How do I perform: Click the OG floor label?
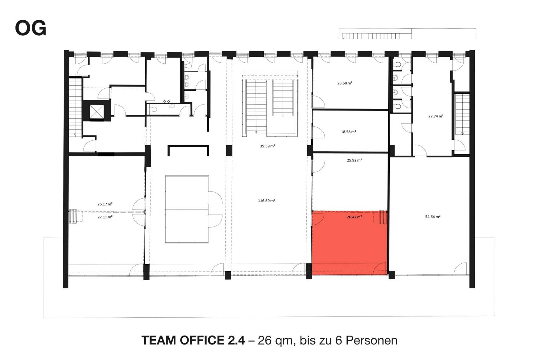tap(31, 28)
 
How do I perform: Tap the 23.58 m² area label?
tap(345, 83)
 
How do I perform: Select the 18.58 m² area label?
tap(348, 132)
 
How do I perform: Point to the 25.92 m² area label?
tap(354, 160)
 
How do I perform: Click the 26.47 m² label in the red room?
tap(354, 217)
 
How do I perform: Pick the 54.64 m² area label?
tap(433, 217)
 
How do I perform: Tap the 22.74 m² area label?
tap(436, 116)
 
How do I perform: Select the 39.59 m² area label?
tap(267, 146)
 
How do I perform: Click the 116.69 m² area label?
tap(266, 200)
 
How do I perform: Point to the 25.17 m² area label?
tap(105, 204)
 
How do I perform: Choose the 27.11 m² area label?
tap(105, 217)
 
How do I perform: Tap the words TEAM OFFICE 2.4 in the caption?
tap(193, 340)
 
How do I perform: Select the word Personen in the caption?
tap(371, 340)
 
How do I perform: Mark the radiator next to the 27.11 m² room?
tap(73, 216)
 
